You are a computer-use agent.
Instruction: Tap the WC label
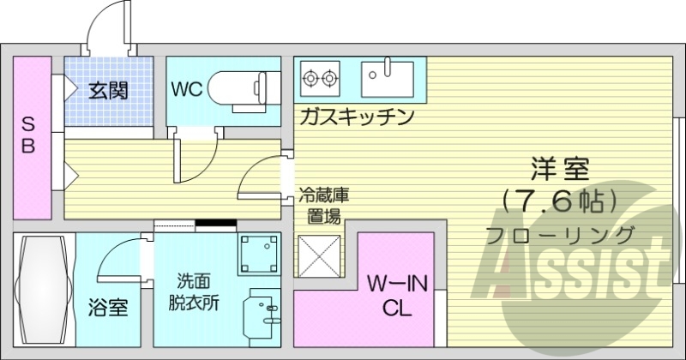point(187,89)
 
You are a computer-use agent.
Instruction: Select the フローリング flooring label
point(559,234)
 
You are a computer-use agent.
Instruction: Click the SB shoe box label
point(28,135)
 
